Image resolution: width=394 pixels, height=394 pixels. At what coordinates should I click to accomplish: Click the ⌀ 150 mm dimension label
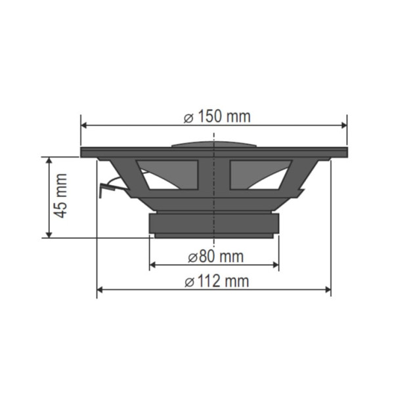(217, 117)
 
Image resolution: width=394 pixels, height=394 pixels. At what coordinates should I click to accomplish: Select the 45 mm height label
(60, 196)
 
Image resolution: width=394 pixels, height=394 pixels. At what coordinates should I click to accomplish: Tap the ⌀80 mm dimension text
(215, 255)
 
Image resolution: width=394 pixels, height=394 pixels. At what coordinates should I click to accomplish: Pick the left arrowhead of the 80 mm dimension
(154, 265)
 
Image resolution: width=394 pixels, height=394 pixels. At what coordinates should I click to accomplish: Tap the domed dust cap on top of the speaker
(214, 142)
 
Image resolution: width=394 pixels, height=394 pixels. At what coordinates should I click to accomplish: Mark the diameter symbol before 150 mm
(188, 118)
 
